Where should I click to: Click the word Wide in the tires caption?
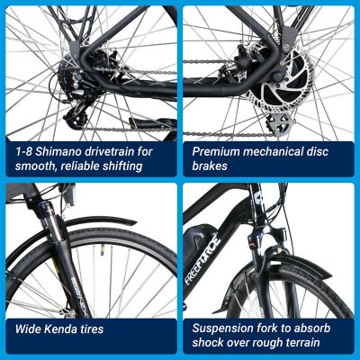(x=24, y=329)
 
